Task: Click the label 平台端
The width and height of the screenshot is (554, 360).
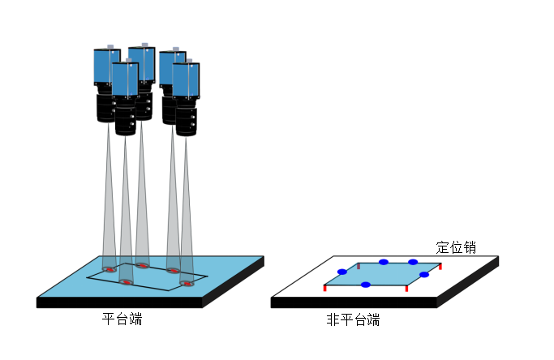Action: coord(122,319)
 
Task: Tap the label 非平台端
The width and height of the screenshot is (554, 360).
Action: coord(353,319)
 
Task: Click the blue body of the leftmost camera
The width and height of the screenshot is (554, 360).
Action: coord(105,68)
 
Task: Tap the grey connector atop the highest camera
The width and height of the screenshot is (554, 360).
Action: coord(144,45)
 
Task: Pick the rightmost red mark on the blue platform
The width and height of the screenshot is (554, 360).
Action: coord(188,284)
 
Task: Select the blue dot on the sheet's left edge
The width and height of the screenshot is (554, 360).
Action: coord(341,272)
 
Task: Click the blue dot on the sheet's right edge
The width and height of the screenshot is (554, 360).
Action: coord(423,275)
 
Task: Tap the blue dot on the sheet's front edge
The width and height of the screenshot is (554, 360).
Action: coord(366,285)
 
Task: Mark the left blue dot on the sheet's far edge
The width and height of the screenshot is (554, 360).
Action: coord(384,262)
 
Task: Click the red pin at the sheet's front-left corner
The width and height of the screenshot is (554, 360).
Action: coord(324,287)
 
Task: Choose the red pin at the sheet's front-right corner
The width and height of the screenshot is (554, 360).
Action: coord(406,289)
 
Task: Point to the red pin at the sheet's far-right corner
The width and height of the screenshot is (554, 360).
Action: coord(440,265)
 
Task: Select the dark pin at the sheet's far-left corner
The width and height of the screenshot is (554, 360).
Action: coord(359,265)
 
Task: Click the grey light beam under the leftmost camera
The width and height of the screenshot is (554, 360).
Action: coord(109,203)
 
